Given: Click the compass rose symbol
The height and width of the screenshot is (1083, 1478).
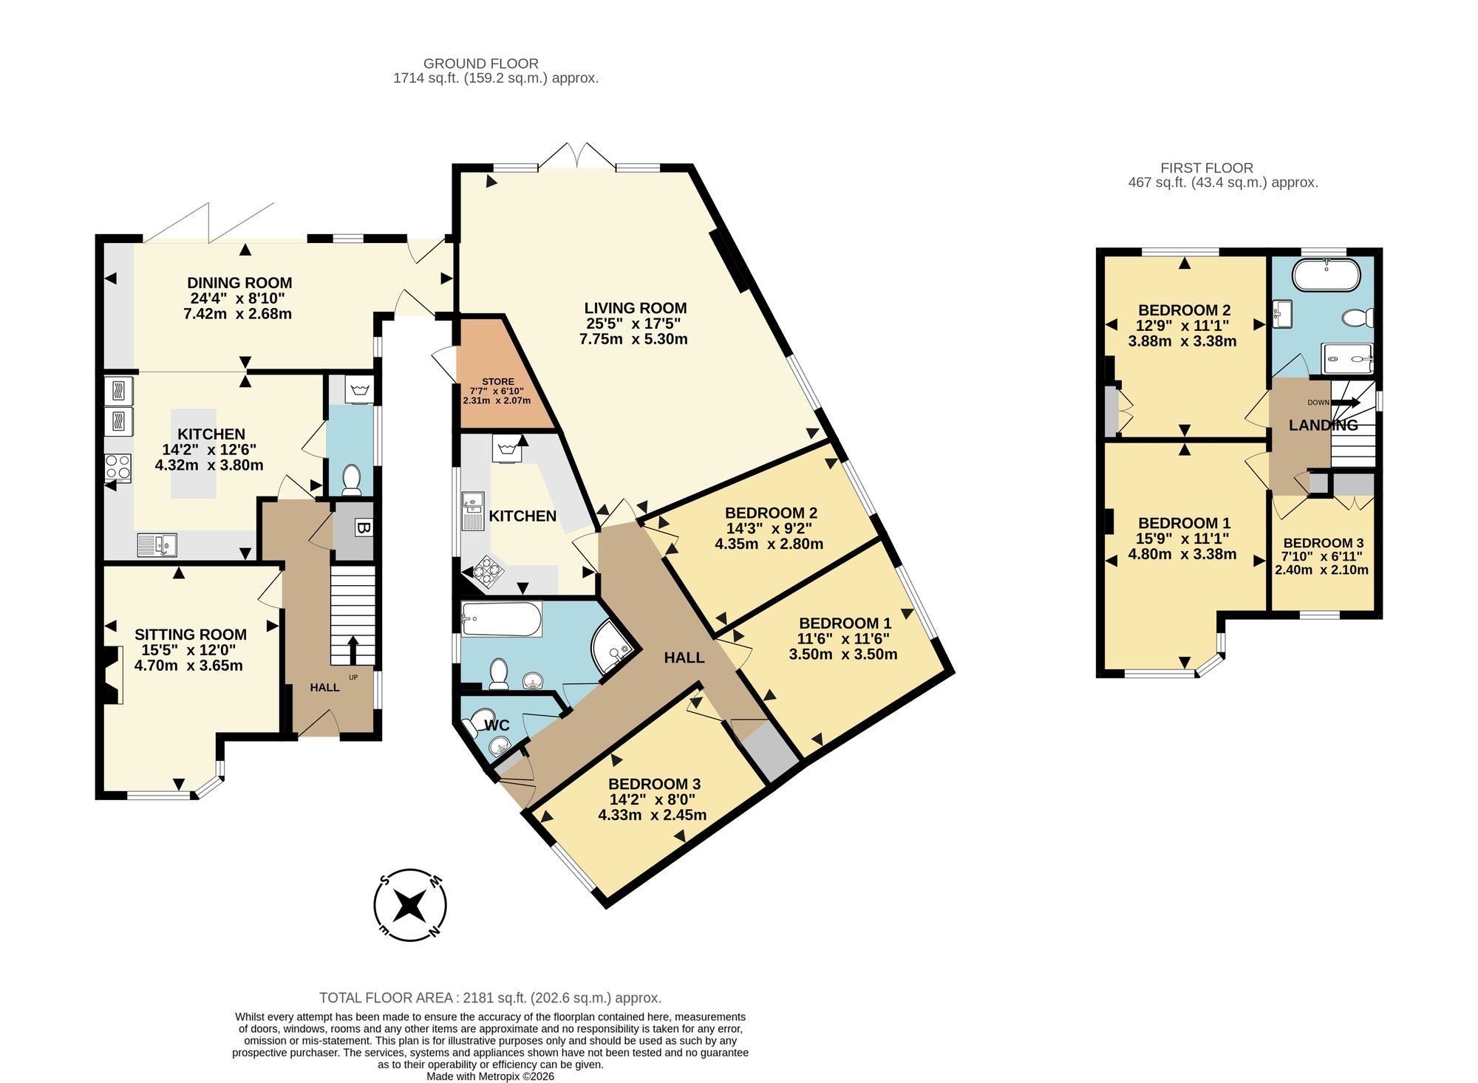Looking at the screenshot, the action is (x=410, y=905).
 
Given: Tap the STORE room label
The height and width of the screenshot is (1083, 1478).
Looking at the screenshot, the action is (x=498, y=382).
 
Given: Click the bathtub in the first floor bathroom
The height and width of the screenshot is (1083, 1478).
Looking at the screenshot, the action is (x=1326, y=275).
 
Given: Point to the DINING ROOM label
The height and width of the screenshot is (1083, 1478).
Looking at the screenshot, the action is (x=239, y=283).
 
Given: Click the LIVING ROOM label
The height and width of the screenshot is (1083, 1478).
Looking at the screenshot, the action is (x=636, y=308).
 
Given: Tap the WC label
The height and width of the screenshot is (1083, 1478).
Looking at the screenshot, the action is (x=497, y=725).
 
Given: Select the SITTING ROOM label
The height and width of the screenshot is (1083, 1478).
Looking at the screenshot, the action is (x=191, y=635).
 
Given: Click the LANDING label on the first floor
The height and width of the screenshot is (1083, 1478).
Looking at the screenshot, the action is (x=1324, y=425).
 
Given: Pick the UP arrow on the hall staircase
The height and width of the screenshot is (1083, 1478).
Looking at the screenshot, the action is (x=352, y=650).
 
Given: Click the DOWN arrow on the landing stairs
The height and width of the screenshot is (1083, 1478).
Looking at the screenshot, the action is (x=1346, y=402).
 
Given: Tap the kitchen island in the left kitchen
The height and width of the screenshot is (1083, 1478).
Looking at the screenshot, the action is (x=194, y=454).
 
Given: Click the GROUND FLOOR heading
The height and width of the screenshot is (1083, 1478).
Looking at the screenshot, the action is (x=481, y=64).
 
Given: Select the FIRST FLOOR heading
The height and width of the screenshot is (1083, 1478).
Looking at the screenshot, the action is (x=1207, y=168).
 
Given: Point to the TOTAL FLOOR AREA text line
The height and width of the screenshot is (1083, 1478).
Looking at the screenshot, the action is (x=490, y=998).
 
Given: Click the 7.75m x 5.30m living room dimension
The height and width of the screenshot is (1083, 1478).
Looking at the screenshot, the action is (x=633, y=339).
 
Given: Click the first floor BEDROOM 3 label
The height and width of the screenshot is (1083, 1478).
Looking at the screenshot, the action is (x=1323, y=543).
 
